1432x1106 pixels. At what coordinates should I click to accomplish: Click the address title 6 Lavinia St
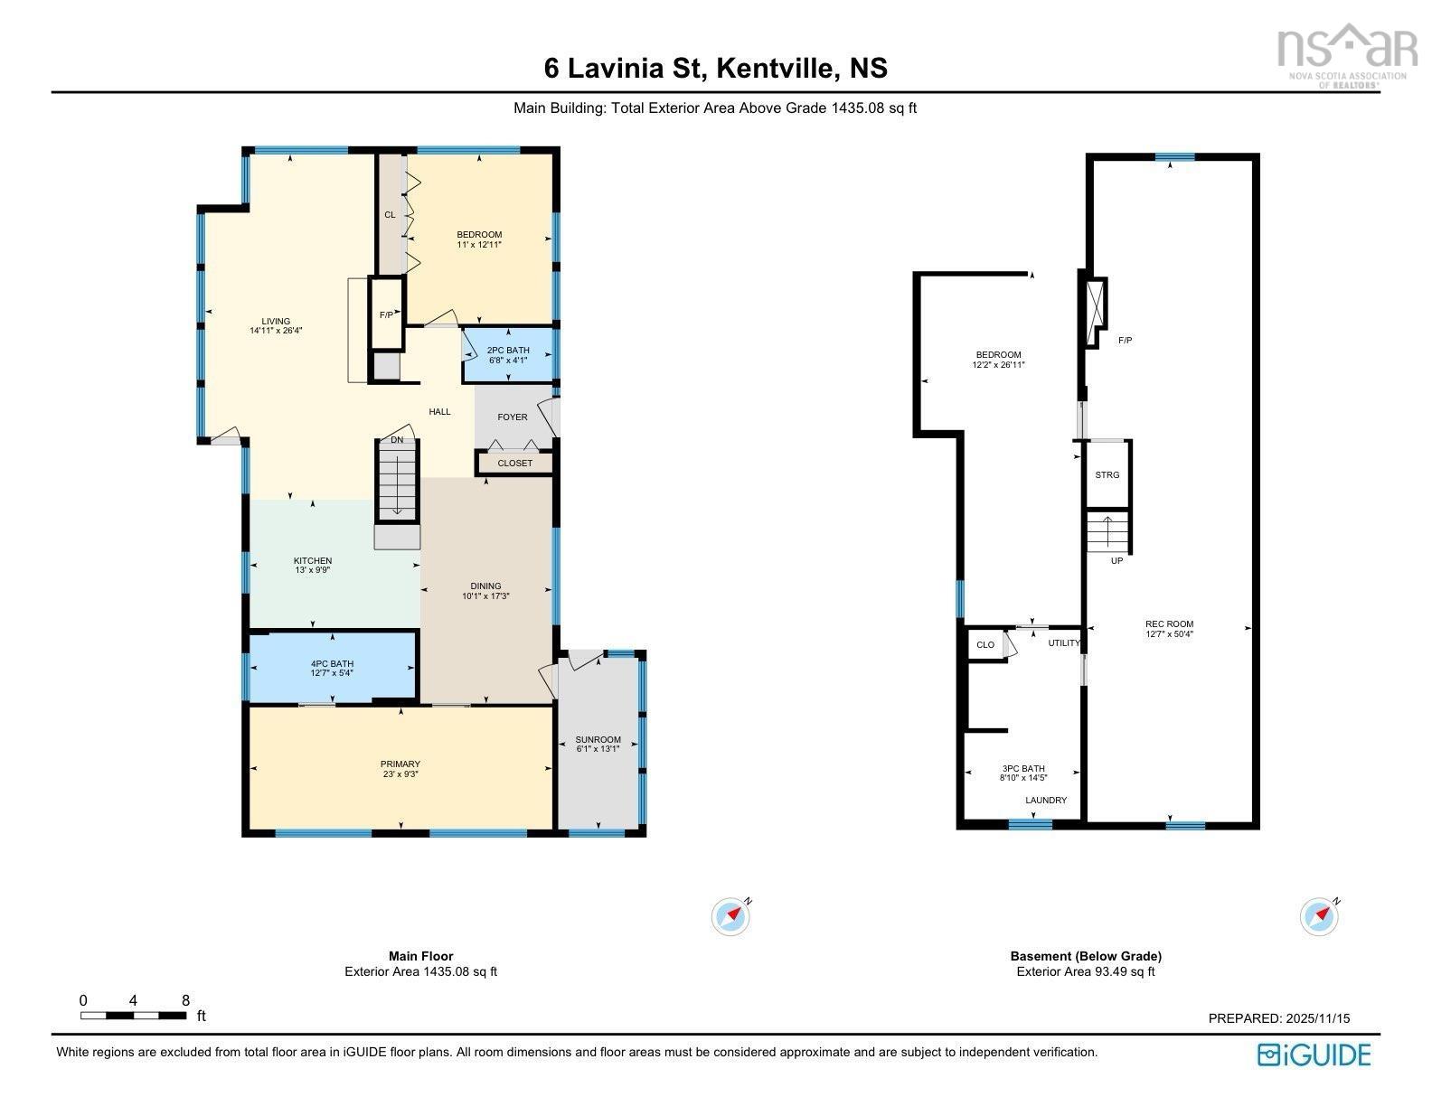(715, 68)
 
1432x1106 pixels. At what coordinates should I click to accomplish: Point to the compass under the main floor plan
(730, 916)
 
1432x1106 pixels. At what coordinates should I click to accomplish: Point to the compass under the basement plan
(1319, 916)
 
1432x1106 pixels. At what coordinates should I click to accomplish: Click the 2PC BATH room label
(508, 354)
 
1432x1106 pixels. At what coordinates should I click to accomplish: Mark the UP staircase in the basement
(1107, 532)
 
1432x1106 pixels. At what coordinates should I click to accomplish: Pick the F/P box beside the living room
(386, 314)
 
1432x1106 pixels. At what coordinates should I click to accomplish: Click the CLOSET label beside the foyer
(514, 463)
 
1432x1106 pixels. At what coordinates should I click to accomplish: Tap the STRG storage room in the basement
(1107, 474)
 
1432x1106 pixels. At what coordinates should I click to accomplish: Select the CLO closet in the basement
(984, 644)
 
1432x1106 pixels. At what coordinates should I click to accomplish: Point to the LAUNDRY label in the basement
(1045, 800)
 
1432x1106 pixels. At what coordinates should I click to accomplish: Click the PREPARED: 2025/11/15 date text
(1278, 1017)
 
